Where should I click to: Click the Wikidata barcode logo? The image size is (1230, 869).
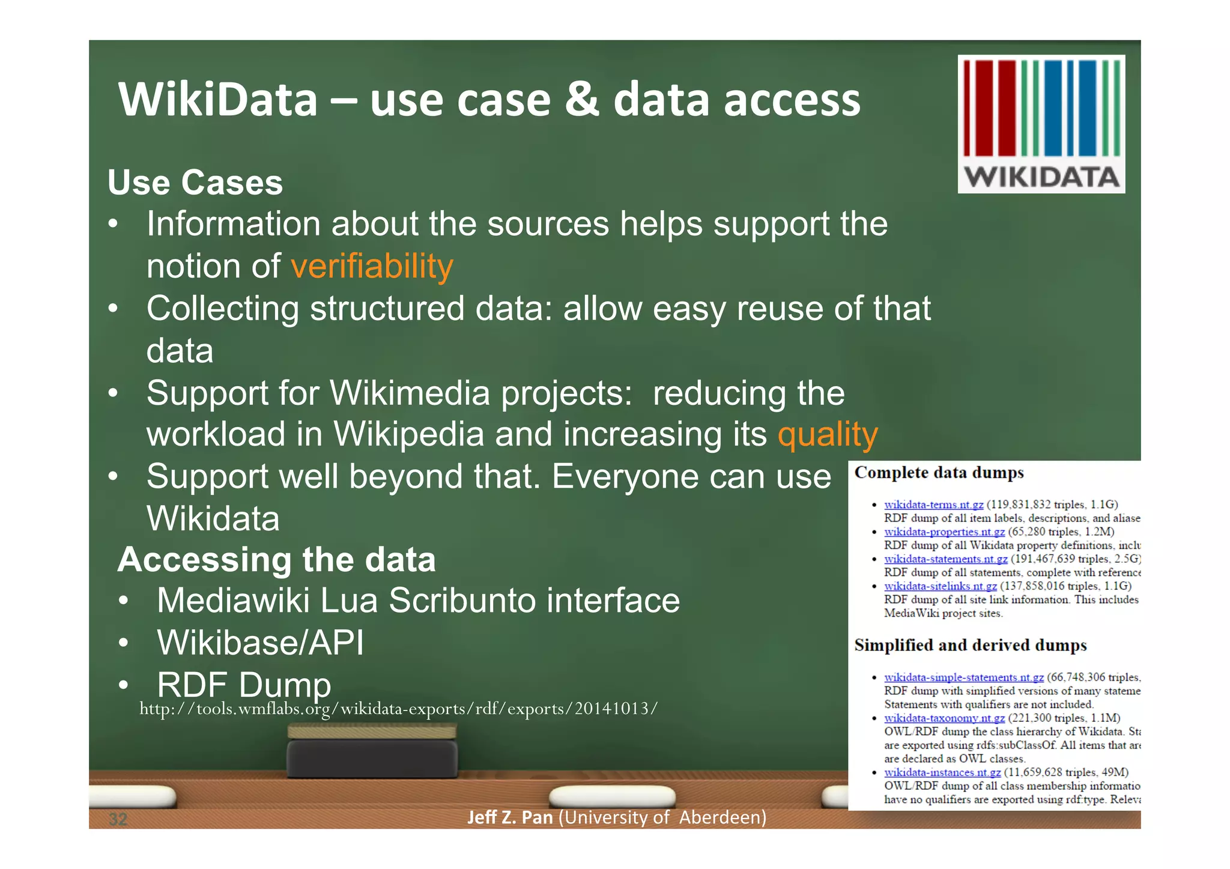(x=1041, y=124)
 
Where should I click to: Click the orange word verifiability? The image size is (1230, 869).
(x=372, y=266)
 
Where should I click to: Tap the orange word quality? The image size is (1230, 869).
(x=827, y=434)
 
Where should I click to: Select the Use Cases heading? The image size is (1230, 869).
(x=195, y=183)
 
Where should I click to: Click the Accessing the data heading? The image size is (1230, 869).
(x=276, y=560)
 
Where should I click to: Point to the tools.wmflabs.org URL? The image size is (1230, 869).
(x=398, y=709)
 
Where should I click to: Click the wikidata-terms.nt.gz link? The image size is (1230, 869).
(x=933, y=504)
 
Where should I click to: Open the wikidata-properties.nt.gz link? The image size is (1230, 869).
(x=944, y=532)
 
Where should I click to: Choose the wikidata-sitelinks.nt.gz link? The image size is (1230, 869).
(x=940, y=586)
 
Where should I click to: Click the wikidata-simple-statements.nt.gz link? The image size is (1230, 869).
(x=963, y=677)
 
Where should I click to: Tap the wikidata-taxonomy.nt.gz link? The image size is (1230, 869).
(x=944, y=718)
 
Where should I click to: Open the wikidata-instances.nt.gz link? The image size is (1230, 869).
(x=942, y=772)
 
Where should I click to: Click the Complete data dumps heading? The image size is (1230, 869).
(x=939, y=473)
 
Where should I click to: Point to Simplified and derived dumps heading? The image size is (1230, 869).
(x=970, y=645)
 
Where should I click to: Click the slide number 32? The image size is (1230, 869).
(x=118, y=819)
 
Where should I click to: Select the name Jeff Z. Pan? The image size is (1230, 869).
(x=509, y=817)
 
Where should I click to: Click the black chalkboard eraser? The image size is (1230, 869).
(x=372, y=758)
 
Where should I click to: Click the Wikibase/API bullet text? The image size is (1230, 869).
(x=260, y=643)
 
